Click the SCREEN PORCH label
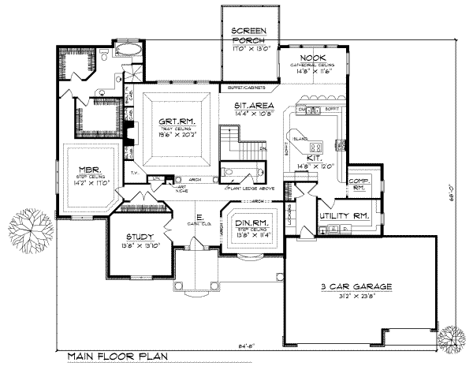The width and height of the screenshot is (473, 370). pyautogui.click(x=248, y=35)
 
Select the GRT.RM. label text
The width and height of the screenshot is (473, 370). pyautogui.click(x=175, y=121)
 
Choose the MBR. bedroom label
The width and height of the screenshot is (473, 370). pyautogui.click(x=89, y=169)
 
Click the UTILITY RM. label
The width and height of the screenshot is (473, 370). pyautogui.click(x=344, y=215)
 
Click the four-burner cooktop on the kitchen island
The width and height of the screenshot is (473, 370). pyautogui.click(x=316, y=147)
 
